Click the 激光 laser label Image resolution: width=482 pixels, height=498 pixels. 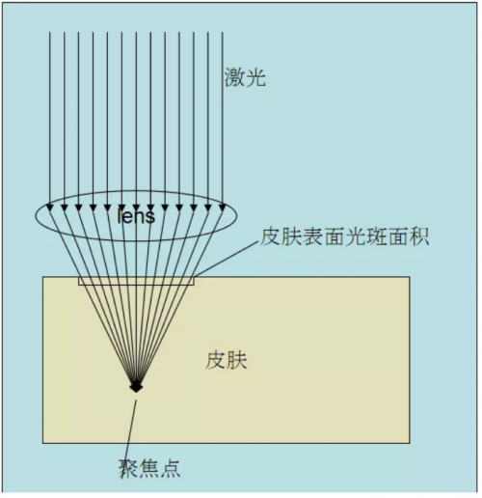(245, 77)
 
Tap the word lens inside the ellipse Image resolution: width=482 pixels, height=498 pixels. (136, 215)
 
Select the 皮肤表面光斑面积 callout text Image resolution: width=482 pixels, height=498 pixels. (344, 236)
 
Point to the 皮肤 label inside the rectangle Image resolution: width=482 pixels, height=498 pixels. (227, 360)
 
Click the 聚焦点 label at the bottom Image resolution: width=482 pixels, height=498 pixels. (149, 468)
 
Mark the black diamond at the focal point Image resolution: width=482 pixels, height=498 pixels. (136, 386)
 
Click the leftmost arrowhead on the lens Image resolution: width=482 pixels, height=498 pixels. (49, 207)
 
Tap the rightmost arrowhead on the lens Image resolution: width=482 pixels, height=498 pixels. (223, 207)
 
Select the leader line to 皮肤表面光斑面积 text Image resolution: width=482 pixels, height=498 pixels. (227, 258)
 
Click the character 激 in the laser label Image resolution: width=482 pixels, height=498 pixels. (234, 77)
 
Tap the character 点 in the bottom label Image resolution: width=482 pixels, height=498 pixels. (171, 468)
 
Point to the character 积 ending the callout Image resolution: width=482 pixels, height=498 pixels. (419, 236)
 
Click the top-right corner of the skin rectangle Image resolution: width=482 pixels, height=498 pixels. (410, 277)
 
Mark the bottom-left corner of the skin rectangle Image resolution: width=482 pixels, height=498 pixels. (42, 443)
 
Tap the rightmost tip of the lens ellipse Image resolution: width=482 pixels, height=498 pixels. (237, 216)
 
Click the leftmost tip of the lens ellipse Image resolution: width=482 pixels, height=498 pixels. (36, 216)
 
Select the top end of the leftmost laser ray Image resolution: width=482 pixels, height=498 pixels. (49, 32)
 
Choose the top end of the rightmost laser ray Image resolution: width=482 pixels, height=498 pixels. (223, 32)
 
